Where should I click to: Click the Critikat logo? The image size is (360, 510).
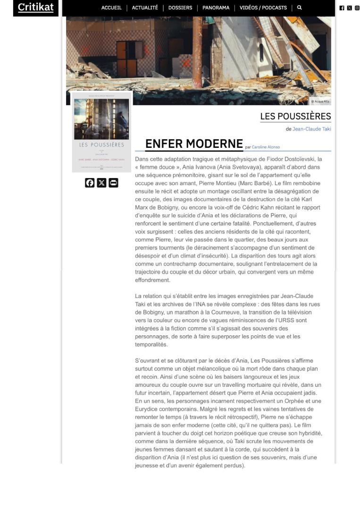pos(35,8)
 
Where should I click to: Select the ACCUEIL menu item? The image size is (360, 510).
pos(111,8)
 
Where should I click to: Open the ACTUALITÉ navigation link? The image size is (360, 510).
pos(145,8)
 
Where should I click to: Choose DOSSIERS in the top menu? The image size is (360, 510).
pos(180,8)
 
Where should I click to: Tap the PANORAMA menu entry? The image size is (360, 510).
pos(216,8)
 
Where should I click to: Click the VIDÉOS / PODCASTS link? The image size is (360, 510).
pos(263,8)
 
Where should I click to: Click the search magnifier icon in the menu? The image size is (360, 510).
pos(299,8)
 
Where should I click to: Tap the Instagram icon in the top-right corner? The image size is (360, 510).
pos(357,8)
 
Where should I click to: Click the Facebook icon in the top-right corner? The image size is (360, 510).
pos(342,8)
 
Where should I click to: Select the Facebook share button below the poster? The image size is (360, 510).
pos(90,183)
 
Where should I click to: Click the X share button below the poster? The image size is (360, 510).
pos(101,183)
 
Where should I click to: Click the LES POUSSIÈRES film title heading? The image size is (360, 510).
pos(295,116)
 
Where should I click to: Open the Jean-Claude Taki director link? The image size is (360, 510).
pos(311,129)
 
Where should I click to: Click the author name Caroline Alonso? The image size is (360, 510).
pos(266,147)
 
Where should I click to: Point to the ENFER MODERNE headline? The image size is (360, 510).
pos(194,144)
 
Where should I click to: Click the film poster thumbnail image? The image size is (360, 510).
pos(101,132)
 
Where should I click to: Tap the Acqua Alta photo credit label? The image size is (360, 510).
pos(320,102)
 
